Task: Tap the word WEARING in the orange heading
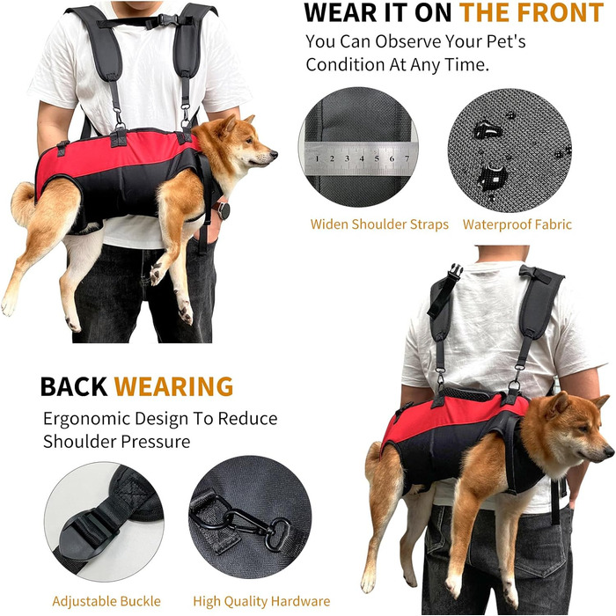[174, 386]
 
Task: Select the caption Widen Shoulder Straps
[379, 224]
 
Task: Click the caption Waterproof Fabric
[517, 224]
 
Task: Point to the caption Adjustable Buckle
[106, 601]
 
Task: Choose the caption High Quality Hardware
[261, 601]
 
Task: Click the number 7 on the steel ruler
[407, 158]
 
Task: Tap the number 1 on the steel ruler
[317, 158]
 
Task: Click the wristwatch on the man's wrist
[223, 210]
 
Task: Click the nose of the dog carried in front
[274, 154]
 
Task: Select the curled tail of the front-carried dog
[23, 202]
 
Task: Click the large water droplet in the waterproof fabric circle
[488, 130]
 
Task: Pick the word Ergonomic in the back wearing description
[86, 420]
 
